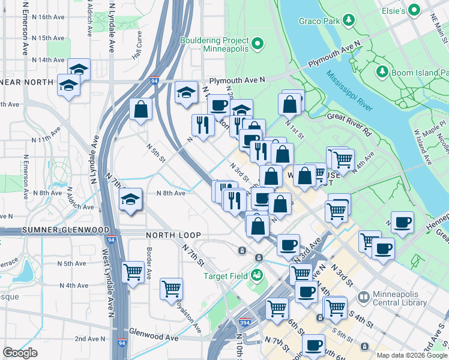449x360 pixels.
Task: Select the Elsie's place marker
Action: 414,11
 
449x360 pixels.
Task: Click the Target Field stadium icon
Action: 258,275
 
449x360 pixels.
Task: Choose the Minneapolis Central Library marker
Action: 363,297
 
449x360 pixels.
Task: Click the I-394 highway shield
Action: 244,323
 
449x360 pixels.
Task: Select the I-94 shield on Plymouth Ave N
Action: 154,80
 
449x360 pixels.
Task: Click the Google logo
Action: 20,353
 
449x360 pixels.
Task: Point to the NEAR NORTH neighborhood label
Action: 26,82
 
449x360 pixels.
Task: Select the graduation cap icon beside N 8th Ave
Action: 130,200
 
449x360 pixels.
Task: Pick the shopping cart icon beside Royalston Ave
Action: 172,288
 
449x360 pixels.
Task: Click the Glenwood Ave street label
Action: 154,338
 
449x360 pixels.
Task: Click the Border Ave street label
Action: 148,259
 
